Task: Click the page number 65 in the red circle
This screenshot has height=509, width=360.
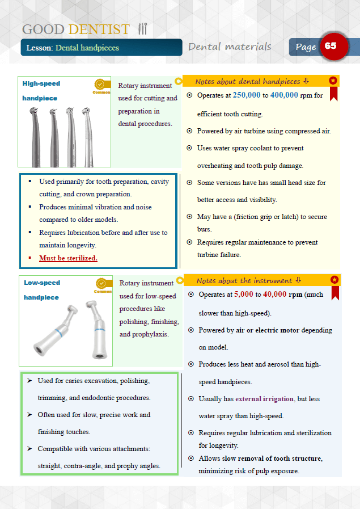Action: (331, 46)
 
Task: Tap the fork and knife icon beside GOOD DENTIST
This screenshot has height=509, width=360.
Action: (142, 29)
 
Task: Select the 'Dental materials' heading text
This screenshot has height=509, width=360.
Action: (230, 47)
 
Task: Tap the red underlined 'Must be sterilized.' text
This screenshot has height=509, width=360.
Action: (68, 258)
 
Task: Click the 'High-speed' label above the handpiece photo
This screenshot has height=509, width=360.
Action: (41, 84)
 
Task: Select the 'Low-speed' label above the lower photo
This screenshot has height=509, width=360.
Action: (42, 283)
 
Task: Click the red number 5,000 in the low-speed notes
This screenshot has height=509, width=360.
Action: (243, 295)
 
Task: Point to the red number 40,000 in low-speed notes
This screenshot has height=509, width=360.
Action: (275, 295)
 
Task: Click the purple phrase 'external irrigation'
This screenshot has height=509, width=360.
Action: (265, 399)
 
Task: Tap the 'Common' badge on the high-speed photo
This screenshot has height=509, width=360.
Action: (101, 86)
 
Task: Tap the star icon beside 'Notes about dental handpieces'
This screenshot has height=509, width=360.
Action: (333, 81)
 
